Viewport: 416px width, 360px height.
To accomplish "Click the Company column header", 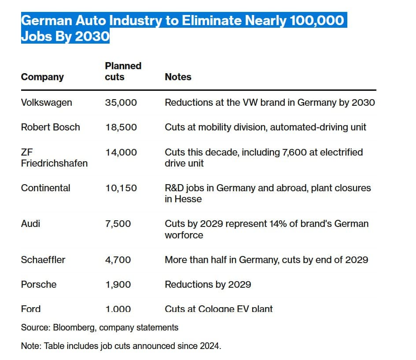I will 42,77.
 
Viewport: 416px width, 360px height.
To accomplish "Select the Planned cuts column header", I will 123,71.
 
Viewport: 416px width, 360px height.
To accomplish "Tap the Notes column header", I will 178,77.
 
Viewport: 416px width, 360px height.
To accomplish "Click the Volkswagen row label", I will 46,103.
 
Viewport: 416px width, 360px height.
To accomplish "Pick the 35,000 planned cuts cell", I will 121,103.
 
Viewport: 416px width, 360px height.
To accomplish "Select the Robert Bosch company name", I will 50,127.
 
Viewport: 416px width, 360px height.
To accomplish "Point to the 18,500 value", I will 121,127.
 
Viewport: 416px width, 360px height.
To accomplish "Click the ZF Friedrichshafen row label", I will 54,158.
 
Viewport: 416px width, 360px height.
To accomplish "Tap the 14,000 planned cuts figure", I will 121,152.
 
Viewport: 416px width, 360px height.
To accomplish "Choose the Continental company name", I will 45,188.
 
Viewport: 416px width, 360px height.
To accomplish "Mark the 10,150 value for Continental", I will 121,188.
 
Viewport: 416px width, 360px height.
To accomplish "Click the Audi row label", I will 30,224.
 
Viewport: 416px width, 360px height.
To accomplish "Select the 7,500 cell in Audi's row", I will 118,224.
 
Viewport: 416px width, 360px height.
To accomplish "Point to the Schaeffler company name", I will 43,260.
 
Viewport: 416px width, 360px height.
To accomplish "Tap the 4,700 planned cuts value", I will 118,260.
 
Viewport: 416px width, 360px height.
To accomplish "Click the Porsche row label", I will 39,285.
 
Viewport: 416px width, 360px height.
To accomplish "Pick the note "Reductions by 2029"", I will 208,285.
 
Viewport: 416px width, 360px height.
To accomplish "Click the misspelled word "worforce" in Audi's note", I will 184,235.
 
